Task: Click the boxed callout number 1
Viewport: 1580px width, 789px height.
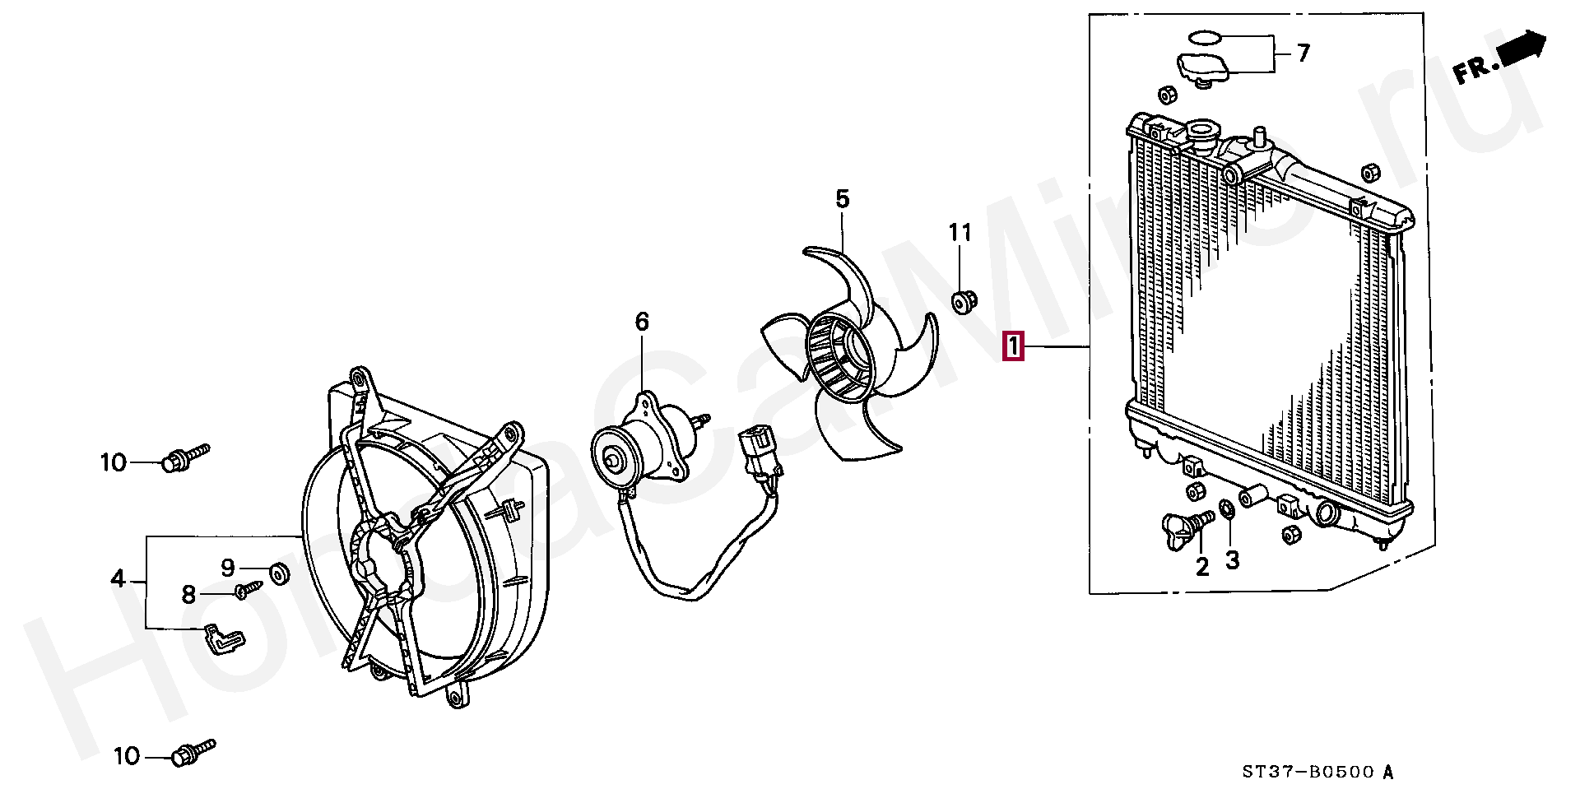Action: pyautogui.click(x=1013, y=346)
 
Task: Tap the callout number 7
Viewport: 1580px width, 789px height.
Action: pyautogui.click(x=1303, y=53)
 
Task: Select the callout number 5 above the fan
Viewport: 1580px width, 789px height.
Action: pyautogui.click(x=842, y=198)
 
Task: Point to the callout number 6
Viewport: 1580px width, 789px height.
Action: pyautogui.click(x=642, y=321)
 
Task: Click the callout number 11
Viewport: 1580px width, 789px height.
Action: pyautogui.click(x=960, y=233)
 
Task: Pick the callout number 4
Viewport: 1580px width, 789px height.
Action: pyautogui.click(x=118, y=579)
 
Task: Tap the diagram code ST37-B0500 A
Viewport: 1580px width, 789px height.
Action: pyautogui.click(x=1317, y=772)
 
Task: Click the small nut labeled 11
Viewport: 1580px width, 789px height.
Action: pyautogui.click(x=963, y=302)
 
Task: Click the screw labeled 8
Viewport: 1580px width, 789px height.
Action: pyautogui.click(x=248, y=589)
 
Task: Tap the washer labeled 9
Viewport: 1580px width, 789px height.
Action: pyautogui.click(x=279, y=573)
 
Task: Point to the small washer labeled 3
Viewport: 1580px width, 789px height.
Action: pyautogui.click(x=1225, y=510)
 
